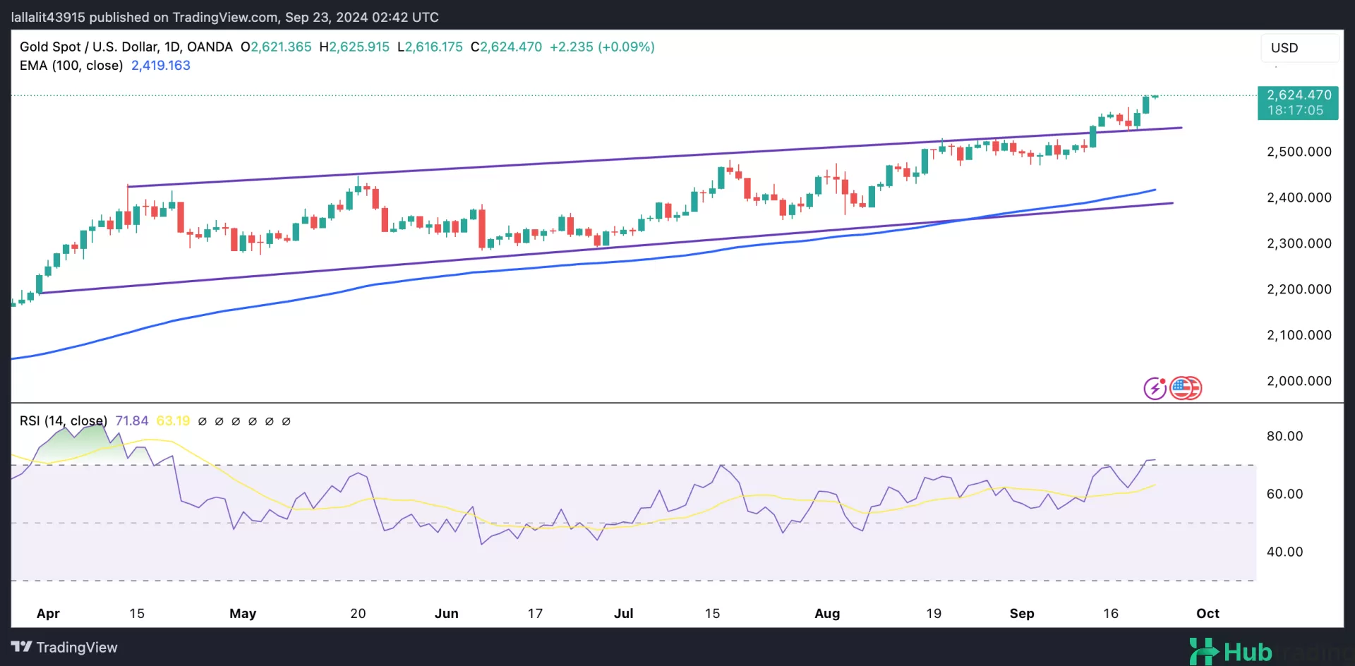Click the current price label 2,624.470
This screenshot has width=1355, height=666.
[1299, 95]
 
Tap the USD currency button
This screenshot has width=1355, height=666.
[1284, 48]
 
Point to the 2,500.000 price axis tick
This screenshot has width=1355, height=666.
[1299, 152]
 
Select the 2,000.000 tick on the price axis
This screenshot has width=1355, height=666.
[1299, 381]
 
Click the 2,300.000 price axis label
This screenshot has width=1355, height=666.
[1299, 243]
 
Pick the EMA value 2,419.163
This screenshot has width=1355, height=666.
[161, 66]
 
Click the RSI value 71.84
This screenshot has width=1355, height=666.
[131, 421]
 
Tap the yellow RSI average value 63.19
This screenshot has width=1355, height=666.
[173, 421]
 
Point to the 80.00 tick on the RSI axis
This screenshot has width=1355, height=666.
[1284, 436]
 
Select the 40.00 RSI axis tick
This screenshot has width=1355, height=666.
[1284, 552]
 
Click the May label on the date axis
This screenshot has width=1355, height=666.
[243, 614]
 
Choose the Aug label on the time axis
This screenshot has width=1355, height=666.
[827, 614]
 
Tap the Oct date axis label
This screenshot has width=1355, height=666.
[1208, 614]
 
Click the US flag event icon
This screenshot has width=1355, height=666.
[1185, 388]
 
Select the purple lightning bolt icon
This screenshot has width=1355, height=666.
[1155, 388]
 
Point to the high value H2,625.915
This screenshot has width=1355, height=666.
[354, 47]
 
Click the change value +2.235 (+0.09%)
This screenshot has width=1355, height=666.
[602, 47]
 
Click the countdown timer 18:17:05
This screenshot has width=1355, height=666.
[1295, 111]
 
